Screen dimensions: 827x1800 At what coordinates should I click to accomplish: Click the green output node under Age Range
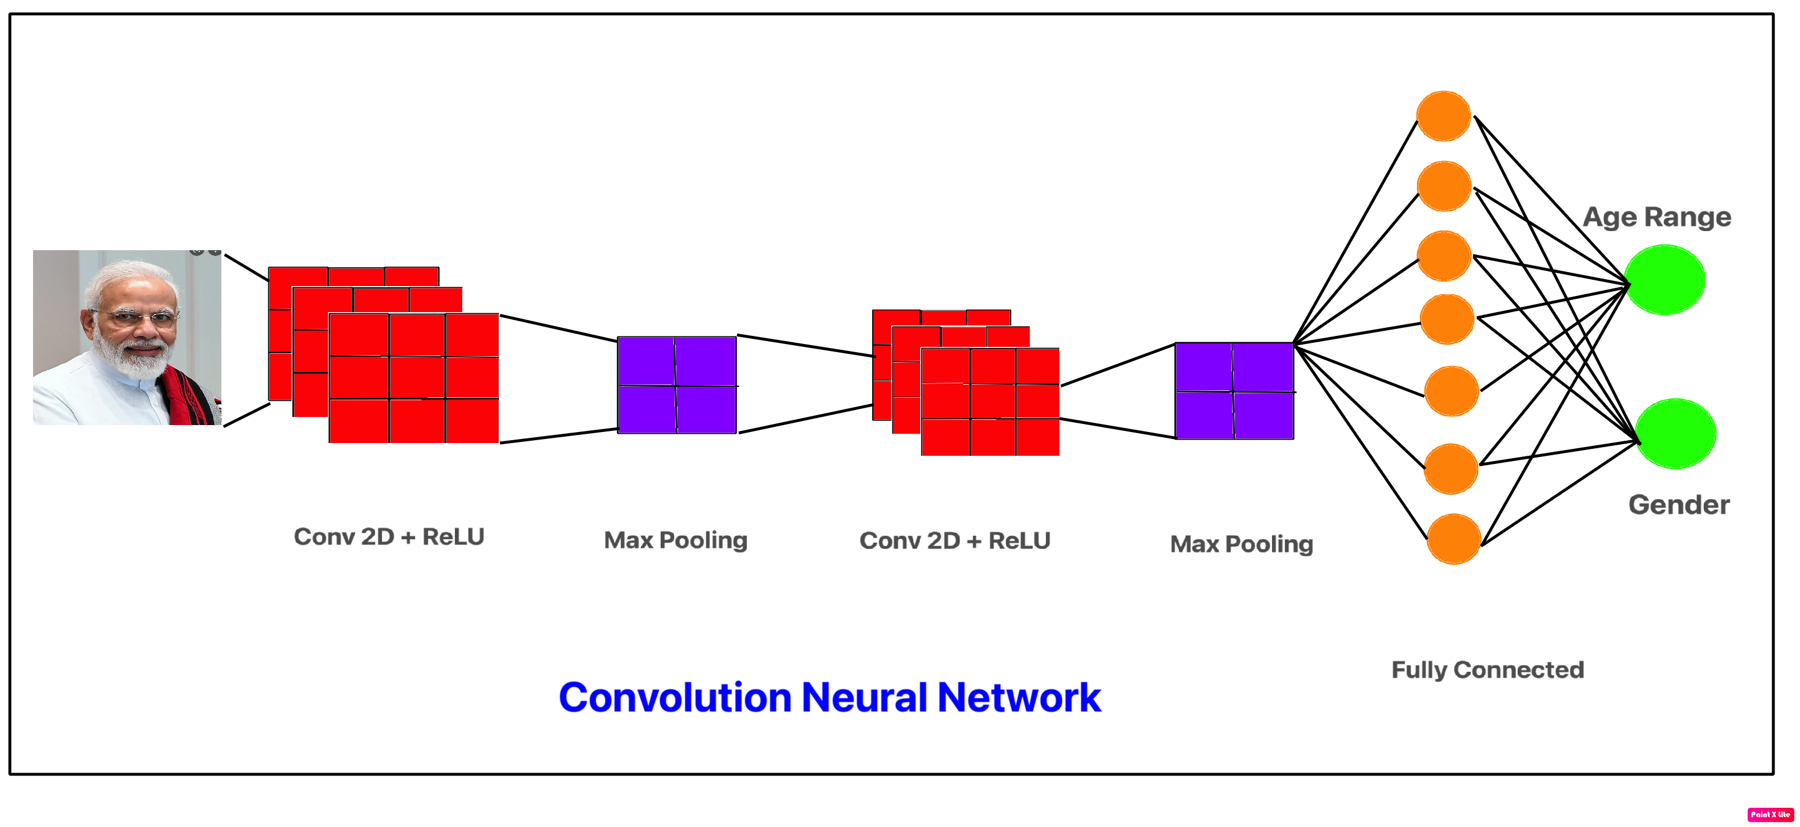tap(1664, 280)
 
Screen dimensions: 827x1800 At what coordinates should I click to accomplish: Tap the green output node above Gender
tap(1675, 434)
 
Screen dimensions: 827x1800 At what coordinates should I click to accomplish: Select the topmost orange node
tap(1444, 116)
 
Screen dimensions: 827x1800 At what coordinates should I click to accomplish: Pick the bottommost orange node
tap(1453, 539)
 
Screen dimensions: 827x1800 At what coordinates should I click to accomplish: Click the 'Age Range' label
tap(1657, 217)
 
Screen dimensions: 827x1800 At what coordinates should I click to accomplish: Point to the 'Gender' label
tap(1678, 505)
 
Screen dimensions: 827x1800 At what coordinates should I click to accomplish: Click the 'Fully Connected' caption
tap(1487, 670)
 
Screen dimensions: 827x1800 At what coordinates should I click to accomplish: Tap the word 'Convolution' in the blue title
tap(675, 698)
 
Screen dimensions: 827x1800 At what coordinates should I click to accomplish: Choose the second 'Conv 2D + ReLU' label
tap(954, 541)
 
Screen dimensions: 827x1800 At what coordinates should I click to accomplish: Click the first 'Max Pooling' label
tap(675, 540)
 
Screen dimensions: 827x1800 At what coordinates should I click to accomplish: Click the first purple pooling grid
tap(676, 385)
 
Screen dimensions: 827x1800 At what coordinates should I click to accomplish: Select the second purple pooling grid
tap(1234, 390)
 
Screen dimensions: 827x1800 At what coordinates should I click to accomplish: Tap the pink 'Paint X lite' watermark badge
tap(1770, 814)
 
